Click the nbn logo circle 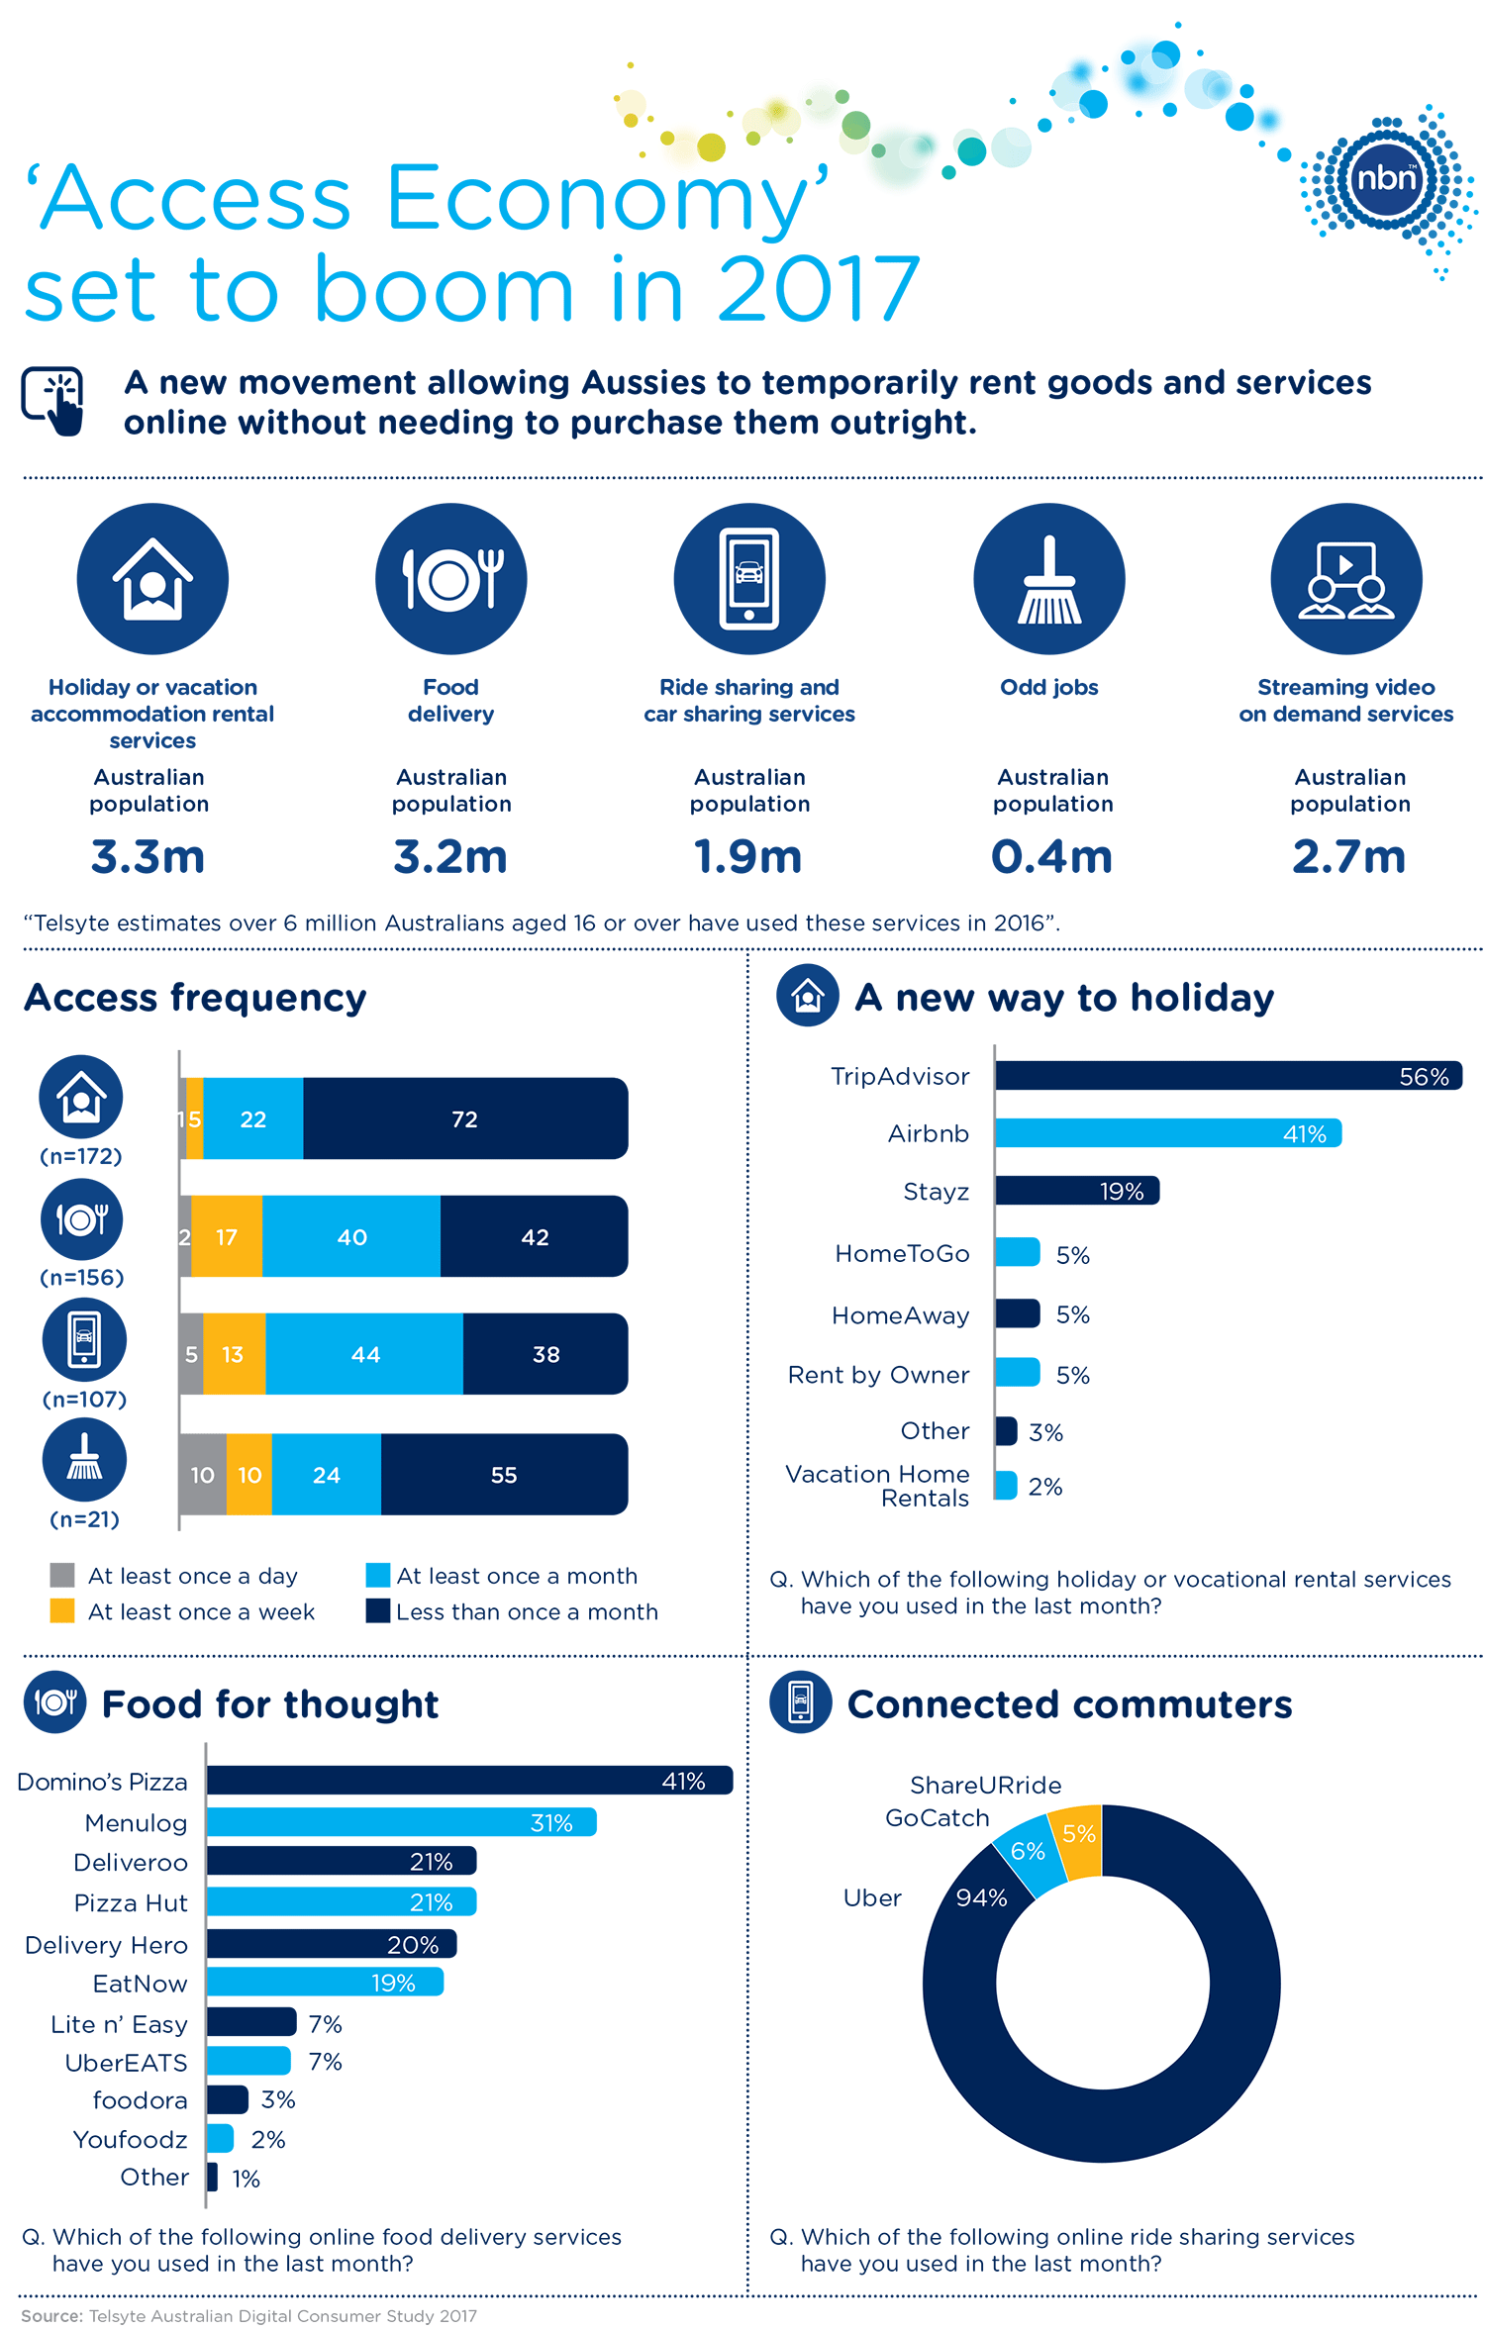click(1386, 178)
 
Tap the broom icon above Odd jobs click(1048, 579)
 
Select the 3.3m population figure click(148, 856)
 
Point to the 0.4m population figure click(1051, 856)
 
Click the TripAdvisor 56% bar click(1228, 1076)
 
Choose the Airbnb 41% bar click(1167, 1133)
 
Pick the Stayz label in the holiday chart click(936, 1192)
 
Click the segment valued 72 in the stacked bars click(464, 1118)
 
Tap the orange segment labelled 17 click(227, 1236)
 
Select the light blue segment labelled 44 click(364, 1354)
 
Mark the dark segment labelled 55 click(503, 1475)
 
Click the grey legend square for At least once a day click(62, 1575)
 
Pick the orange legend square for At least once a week click(62, 1610)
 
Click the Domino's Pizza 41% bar click(469, 1781)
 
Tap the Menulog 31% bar click(401, 1822)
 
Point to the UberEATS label click(126, 2063)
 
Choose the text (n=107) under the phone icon click(84, 1399)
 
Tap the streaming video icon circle click(1345, 579)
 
